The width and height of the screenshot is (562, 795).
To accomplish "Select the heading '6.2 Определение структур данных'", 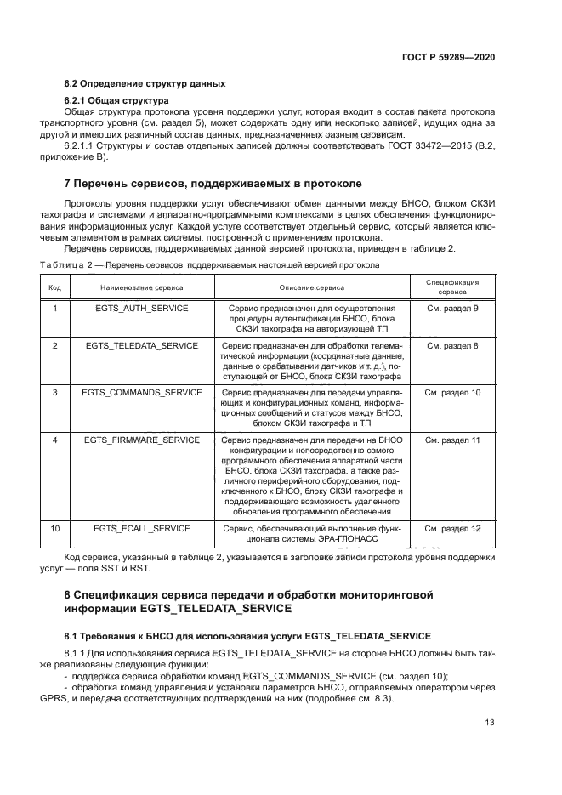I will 145,83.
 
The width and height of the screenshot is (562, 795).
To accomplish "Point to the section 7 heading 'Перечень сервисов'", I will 213,183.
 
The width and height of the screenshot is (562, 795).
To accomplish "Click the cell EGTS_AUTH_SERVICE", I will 142,308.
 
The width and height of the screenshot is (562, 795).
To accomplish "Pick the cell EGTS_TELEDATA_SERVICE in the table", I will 142,347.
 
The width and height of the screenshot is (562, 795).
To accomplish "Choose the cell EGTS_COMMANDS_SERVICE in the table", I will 142,393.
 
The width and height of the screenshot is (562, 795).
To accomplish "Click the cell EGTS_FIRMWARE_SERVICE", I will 142,440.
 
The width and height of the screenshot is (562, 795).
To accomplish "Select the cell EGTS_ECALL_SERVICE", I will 142,529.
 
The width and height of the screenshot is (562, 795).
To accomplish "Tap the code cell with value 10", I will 54,529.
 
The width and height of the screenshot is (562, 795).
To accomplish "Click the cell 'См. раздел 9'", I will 452,308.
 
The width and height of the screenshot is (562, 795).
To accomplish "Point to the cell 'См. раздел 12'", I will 452,529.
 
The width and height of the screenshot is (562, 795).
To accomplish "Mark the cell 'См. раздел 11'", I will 452,440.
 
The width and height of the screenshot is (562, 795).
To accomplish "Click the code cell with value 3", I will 54,393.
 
